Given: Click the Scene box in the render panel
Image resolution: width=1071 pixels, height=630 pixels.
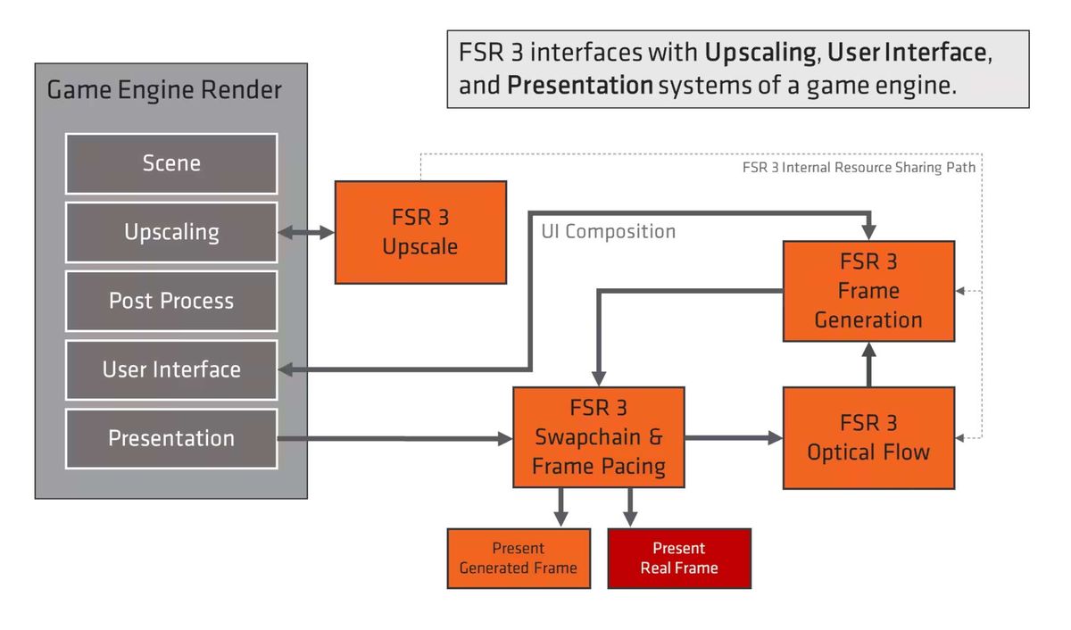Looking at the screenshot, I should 171,163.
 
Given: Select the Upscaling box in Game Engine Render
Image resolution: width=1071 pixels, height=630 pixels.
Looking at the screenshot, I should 171,232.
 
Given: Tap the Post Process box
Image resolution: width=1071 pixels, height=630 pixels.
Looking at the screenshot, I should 171,301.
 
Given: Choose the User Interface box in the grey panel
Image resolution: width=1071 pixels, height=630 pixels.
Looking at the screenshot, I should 171,369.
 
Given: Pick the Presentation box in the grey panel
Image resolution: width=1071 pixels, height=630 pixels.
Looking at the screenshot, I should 171,438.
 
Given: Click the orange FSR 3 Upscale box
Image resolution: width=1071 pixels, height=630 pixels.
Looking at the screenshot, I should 420,232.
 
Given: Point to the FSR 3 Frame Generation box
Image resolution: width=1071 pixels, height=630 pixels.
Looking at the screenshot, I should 868,291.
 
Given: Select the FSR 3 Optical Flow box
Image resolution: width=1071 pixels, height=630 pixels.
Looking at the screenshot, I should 868,437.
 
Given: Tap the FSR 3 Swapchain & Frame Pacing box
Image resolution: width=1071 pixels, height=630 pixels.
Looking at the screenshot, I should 598,437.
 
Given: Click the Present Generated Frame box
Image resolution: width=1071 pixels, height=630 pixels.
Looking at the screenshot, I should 519,558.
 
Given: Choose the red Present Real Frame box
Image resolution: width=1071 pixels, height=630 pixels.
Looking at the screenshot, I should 679,558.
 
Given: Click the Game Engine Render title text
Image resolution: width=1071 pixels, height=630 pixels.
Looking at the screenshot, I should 164,90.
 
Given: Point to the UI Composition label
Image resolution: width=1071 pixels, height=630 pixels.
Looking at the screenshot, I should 609,232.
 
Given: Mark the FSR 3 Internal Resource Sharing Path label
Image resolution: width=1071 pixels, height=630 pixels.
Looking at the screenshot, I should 859,167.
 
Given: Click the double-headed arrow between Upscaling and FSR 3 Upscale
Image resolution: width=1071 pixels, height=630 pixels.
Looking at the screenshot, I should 306,233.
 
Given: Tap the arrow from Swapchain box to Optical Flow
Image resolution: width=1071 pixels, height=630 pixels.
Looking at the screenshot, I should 734,437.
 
